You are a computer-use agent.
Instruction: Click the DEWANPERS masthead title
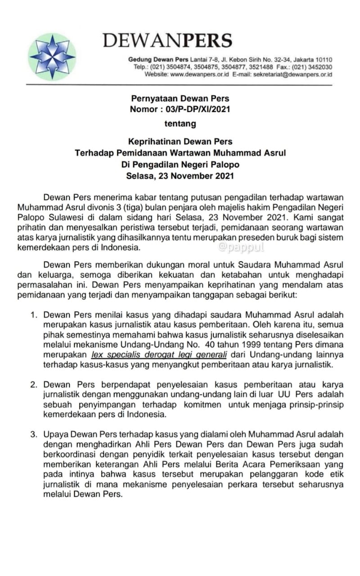click(167, 40)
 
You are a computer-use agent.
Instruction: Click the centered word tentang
click(180, 123)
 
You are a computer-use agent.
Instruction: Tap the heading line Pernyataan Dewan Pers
click(180, 99)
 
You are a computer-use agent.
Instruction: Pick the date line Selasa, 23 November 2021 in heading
click(180, 176)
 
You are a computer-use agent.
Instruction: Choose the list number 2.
click(34, 385)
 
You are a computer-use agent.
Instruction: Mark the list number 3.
click(34, 434)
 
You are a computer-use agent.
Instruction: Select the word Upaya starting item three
click(54, 434)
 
